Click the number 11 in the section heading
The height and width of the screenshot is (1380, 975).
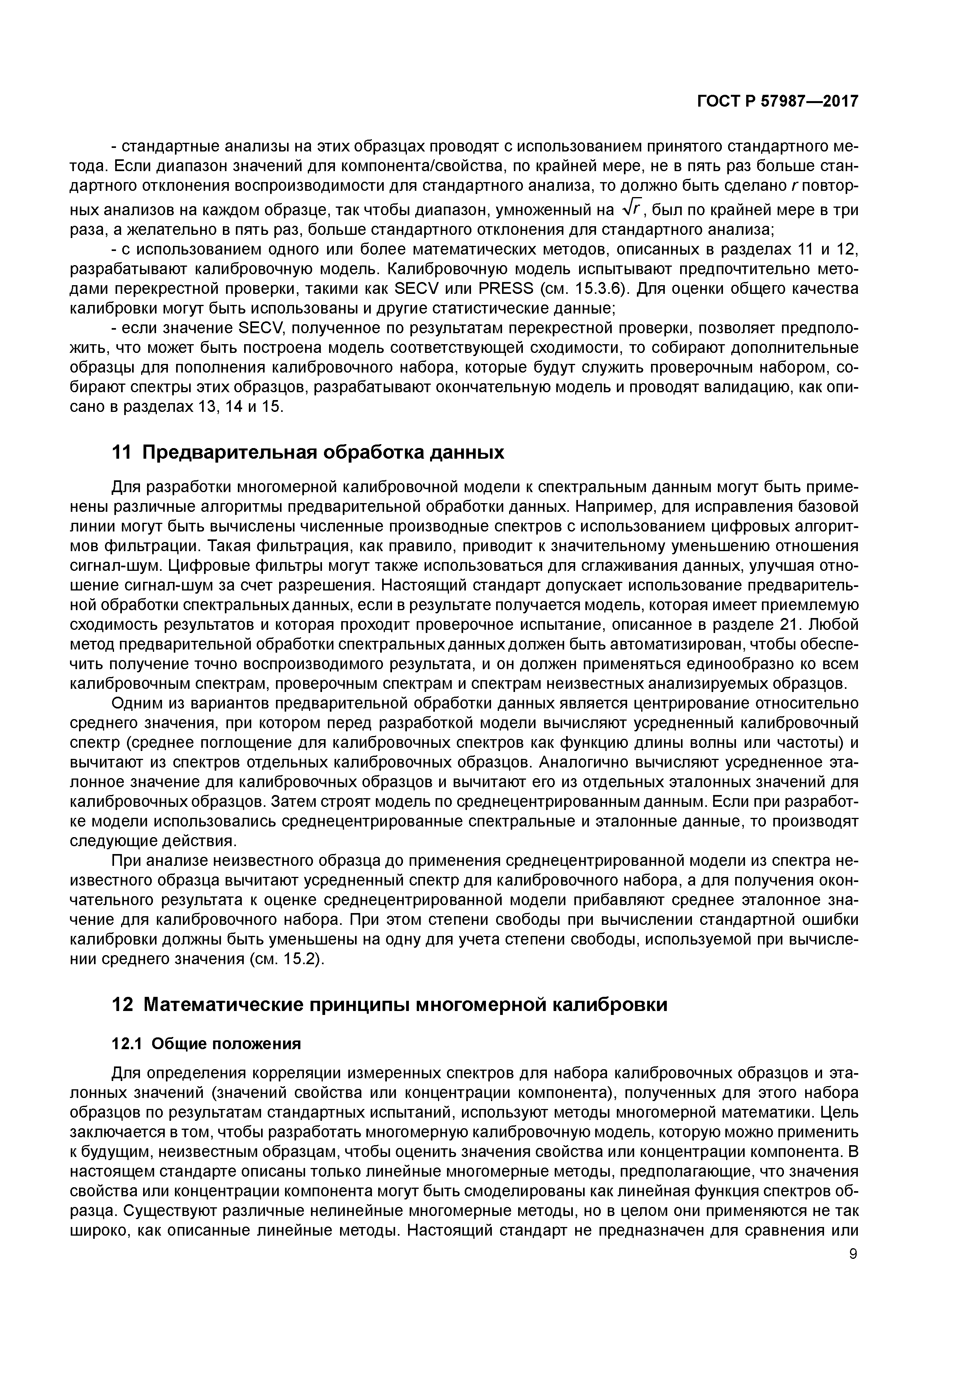(x=121, y=452)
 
